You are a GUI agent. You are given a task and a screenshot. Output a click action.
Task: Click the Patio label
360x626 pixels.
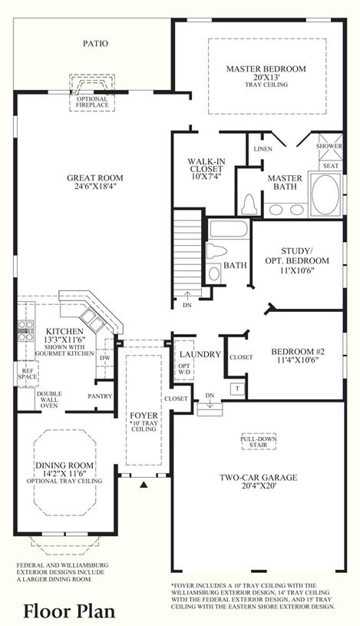pos(95,44)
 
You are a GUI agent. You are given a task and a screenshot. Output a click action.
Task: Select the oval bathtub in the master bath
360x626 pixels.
pos(325,195)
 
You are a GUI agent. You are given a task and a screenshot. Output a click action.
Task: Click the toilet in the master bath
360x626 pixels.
pos(249,204)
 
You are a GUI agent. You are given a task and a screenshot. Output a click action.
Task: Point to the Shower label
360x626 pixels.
pos(329,146)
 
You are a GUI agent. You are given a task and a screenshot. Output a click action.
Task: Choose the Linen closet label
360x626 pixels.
pos(263,149)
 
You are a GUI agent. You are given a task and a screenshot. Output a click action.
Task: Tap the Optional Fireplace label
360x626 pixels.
pos(92,102)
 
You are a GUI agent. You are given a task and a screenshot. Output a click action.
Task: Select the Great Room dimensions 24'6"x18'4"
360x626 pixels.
pos(95,186)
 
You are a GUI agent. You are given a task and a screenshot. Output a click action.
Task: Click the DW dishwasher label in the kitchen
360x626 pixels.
pos(105,358)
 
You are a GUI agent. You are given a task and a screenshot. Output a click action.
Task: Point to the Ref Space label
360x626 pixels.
pos(28,373)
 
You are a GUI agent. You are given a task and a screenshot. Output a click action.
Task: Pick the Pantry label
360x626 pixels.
pos(100,396)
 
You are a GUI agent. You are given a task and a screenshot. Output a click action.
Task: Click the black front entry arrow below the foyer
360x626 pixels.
pos(145,485)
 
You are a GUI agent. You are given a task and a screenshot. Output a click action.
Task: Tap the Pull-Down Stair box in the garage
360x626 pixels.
pos(259,442)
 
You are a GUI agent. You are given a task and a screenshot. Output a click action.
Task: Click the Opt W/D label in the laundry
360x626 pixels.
pos(184,369)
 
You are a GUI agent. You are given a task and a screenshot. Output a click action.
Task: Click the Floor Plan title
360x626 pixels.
pos(69,611)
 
